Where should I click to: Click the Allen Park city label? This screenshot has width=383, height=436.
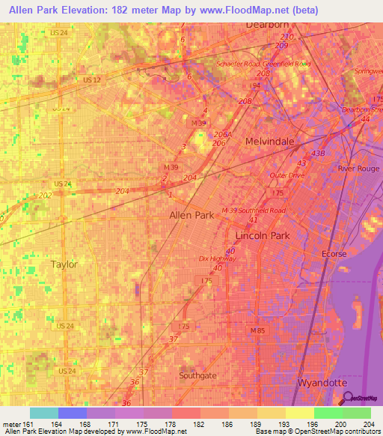(191, 215)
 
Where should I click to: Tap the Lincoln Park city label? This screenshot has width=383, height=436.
(257, 234)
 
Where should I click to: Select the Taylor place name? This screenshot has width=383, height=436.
(64, 264)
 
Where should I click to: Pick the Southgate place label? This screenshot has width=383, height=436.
(197, 375)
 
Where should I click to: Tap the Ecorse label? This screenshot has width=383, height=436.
(334, 254)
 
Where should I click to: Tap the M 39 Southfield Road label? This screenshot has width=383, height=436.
(254, 211)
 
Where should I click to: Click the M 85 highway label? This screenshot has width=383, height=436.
(258, 330)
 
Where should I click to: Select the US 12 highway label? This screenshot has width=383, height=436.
(93, 79)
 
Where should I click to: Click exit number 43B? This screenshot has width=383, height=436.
(319, 154)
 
